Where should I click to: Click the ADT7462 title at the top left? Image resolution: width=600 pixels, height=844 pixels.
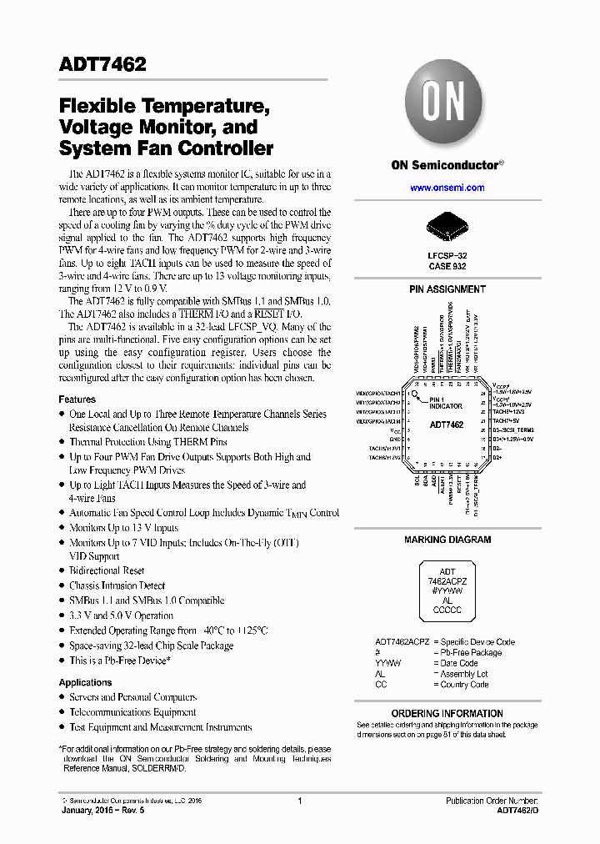(102, 63)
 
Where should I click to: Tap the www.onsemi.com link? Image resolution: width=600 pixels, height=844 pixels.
(447, 188)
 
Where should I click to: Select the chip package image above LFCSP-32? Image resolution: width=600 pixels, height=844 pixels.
(447, 225)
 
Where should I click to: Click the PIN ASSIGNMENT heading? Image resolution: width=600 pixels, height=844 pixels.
(447, 289)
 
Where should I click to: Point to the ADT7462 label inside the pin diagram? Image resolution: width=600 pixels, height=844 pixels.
(447, 425)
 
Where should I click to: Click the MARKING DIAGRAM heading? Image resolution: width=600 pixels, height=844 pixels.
(447, 540)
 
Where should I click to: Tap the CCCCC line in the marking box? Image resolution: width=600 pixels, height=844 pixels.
(447, 610)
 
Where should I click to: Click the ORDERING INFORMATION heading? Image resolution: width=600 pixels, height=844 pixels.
(447, 713)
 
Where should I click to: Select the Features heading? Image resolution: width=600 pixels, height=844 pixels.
(77, 399)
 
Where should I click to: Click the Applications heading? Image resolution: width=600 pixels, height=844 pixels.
(85, 682)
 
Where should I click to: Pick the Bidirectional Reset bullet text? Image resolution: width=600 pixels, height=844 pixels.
(106, 570)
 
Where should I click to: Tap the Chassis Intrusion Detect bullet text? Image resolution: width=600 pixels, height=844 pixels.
(117, 585)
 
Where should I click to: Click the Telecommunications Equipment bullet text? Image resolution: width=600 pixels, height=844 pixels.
(132, 712)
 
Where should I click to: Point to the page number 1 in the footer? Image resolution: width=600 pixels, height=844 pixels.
(299, 801)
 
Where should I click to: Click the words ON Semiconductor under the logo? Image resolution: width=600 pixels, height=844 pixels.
(444, 165)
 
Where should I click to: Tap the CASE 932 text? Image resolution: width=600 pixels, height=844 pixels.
(447, 266)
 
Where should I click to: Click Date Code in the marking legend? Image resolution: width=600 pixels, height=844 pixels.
(458, 663)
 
